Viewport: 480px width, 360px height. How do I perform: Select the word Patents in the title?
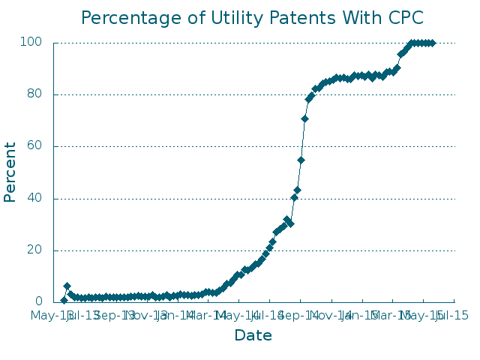[x=281, y=17]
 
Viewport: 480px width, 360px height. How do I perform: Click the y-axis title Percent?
[x=10, y=172]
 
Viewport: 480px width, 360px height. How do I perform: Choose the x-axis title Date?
[x=253, y=336]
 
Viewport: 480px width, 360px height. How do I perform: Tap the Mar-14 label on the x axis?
[x=208, y=316]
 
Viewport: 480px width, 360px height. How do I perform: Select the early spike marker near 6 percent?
[x=67, y=286]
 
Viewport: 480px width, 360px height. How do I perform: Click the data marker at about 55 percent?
[x=301, y=160]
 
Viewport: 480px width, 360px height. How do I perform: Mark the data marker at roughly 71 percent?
[x=304, y=118]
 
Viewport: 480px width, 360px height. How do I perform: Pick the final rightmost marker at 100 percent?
[x=432, y=43]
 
